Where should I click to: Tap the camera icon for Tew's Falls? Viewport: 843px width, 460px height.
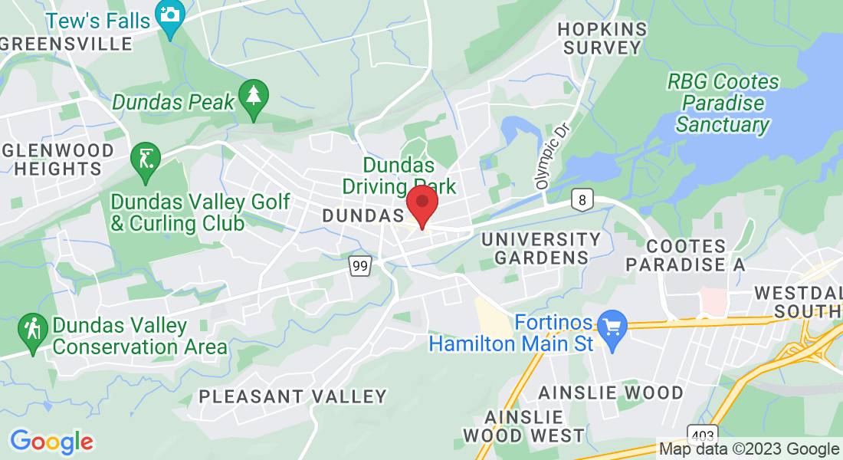[169, 14]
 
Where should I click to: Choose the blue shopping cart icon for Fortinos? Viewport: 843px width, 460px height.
[612, 327]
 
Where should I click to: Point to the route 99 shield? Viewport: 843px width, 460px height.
[359, 266]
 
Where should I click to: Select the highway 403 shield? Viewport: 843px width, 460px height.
[703, 434]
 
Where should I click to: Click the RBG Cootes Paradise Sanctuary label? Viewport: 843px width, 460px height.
[722, 103]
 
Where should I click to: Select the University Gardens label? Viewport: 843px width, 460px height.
[541, 248]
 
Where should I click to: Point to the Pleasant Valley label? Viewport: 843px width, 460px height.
[293, 396]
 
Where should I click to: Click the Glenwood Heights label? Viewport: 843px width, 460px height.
[57, 159]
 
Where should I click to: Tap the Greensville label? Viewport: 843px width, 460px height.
[67, 44]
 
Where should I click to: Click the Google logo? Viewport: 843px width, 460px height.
[51, 442]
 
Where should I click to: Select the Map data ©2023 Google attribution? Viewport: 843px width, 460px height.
[750, 449]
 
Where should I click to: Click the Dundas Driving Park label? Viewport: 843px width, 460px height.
[399, 176]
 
